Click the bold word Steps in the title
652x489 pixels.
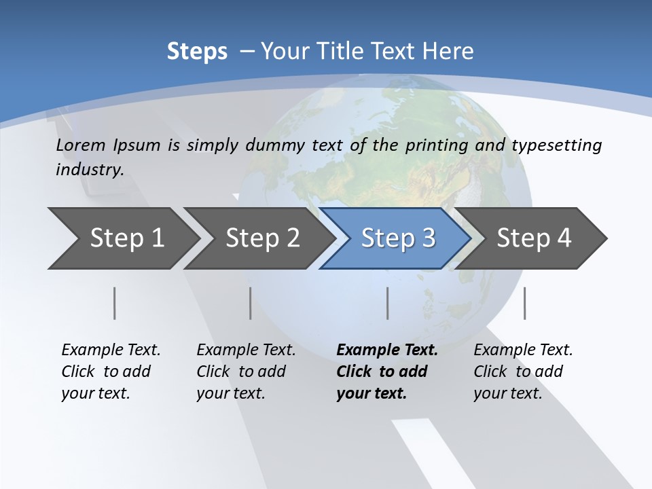click(197, 52)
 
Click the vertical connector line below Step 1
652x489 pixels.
click(114, 303)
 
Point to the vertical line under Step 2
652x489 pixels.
click(251, 303)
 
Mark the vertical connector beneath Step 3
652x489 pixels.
click(388, 303)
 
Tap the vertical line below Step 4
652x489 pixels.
click(524, 303)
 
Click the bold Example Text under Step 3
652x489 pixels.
click(387, 371)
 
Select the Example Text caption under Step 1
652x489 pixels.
click(111, 371)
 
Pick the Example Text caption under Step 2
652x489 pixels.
click(246, 371)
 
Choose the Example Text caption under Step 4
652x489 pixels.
click(523, 371)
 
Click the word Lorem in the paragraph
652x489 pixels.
click(81, 145)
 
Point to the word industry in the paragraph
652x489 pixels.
click(89, 170)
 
